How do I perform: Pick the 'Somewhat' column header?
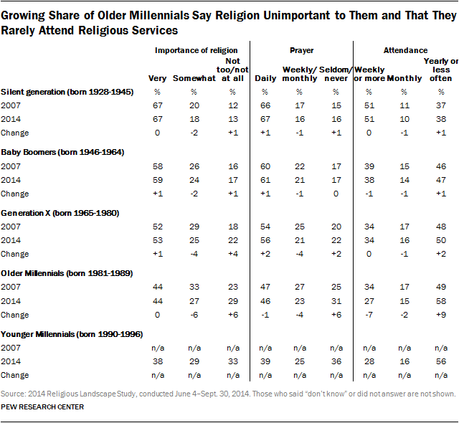click(190, 77)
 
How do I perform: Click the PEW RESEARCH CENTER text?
click(42, 407)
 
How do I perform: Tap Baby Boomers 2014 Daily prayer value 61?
click(265, 179)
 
